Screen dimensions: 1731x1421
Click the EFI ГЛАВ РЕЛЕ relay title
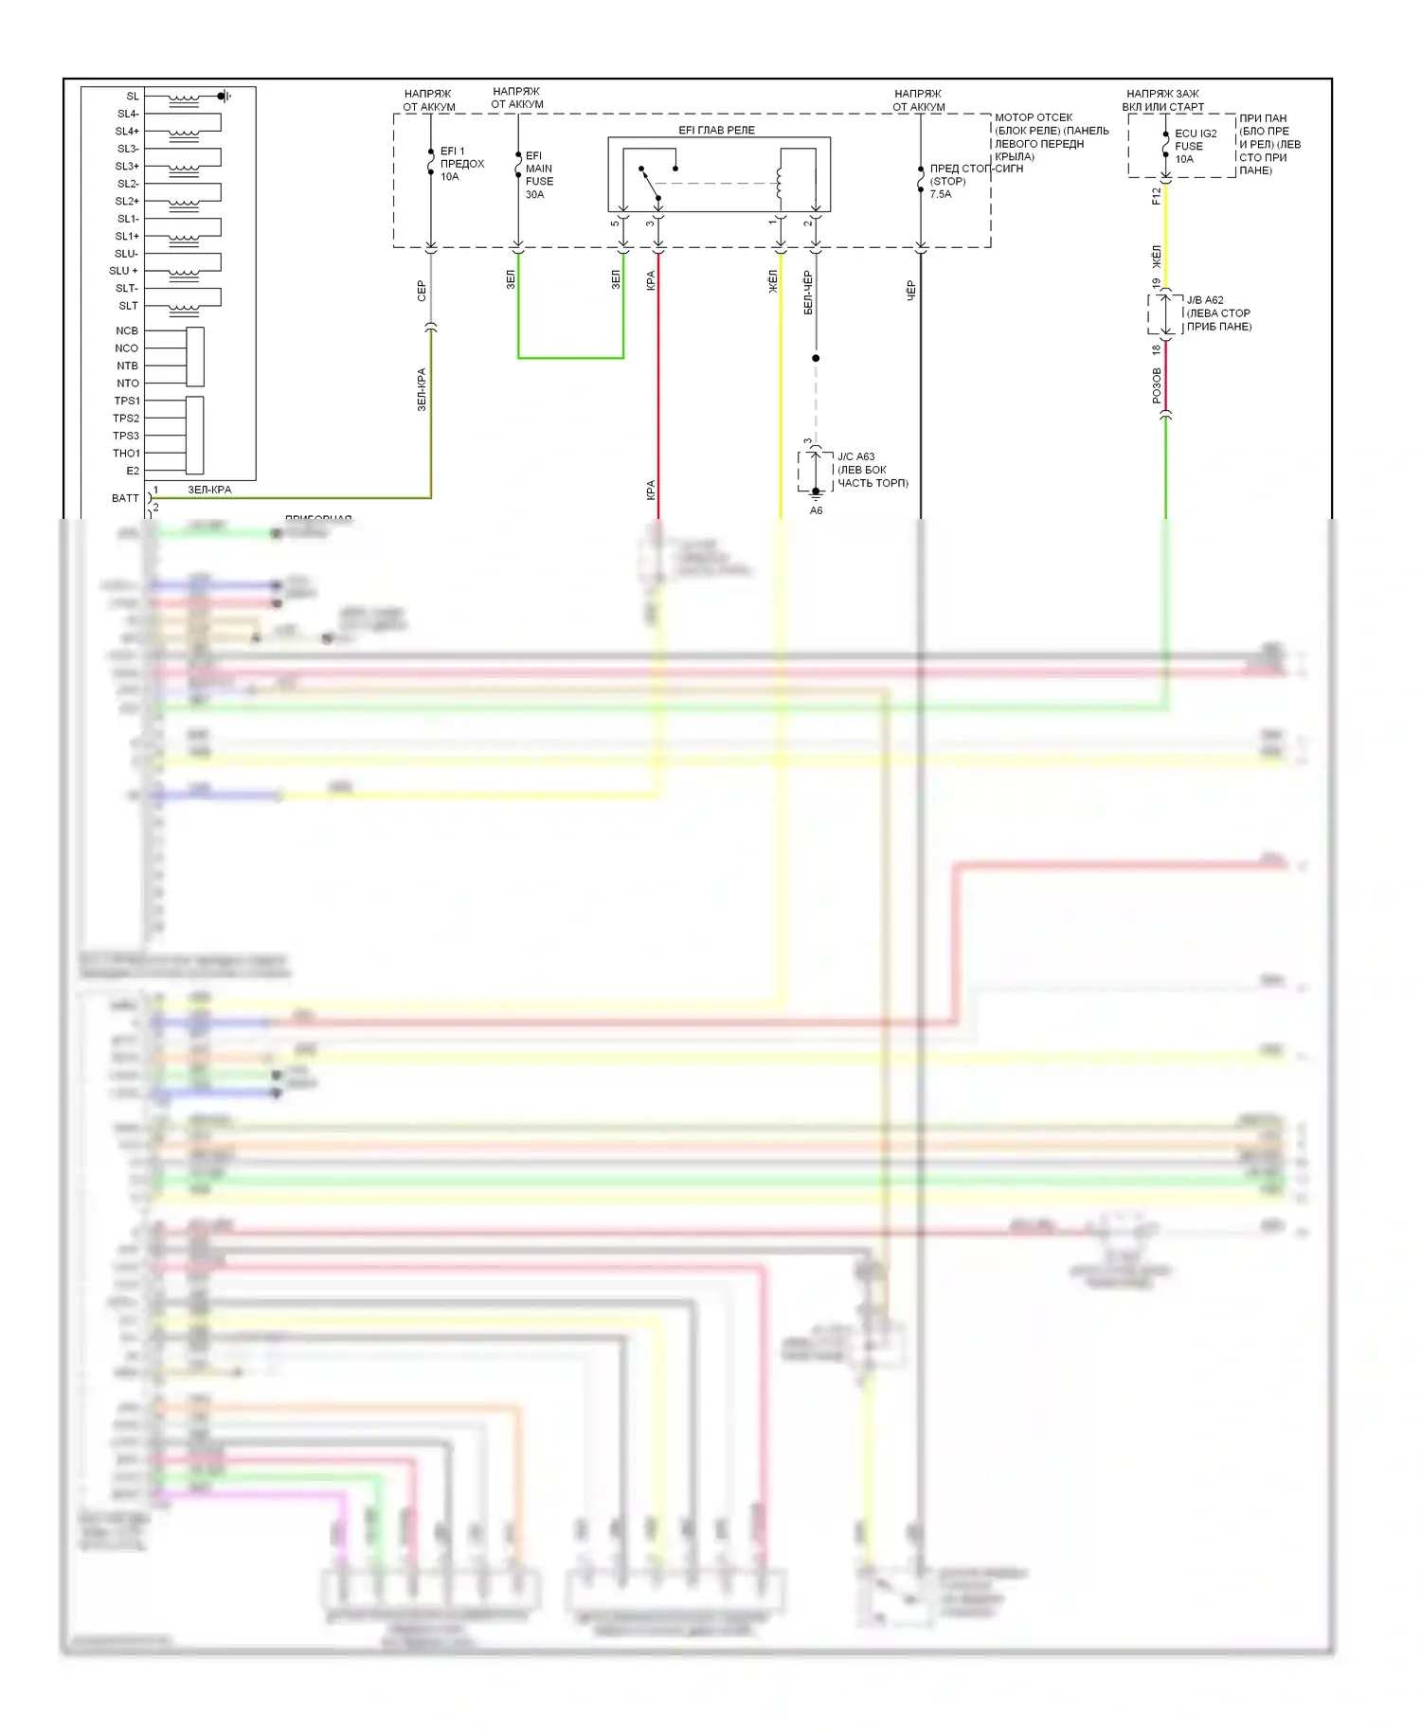716,130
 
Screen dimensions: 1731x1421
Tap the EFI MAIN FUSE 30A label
539,175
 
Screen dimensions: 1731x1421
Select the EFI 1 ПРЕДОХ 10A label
461,164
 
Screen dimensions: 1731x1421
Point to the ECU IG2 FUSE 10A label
1195,147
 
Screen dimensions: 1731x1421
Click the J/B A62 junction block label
1218,313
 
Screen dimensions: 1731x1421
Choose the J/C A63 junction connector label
872,470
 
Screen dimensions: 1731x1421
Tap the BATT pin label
125,498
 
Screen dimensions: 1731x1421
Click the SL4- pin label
128,114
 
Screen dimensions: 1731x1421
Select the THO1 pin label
126,454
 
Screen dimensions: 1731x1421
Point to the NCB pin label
127,330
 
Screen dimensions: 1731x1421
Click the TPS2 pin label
126,419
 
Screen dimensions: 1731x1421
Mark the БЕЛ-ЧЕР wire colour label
807,292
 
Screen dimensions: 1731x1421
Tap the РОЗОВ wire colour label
1157,386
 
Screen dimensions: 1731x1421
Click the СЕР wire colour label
422,291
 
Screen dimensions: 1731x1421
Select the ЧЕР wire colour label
911,290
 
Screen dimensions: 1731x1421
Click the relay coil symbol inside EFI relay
780,183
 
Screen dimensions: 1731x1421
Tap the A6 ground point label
816,510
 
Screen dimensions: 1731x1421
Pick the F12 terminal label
1156,196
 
